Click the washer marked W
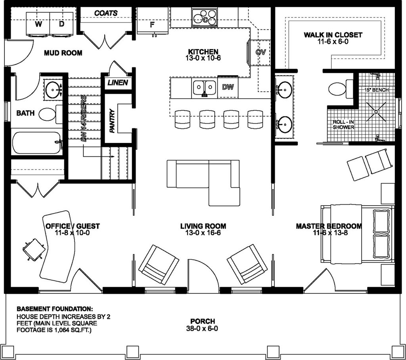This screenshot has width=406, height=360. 38,24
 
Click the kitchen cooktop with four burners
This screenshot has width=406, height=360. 205,17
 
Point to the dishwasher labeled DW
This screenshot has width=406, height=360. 228,87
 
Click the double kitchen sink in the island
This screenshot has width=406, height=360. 205,88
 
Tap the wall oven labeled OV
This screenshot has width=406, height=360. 260,52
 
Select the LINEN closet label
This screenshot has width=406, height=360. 118,83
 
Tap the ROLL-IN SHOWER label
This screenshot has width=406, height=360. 344,124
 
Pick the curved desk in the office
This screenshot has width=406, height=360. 57,247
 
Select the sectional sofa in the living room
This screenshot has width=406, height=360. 203,182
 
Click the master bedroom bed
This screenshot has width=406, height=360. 357,234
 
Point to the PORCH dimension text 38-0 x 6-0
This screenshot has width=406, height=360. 202,328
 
